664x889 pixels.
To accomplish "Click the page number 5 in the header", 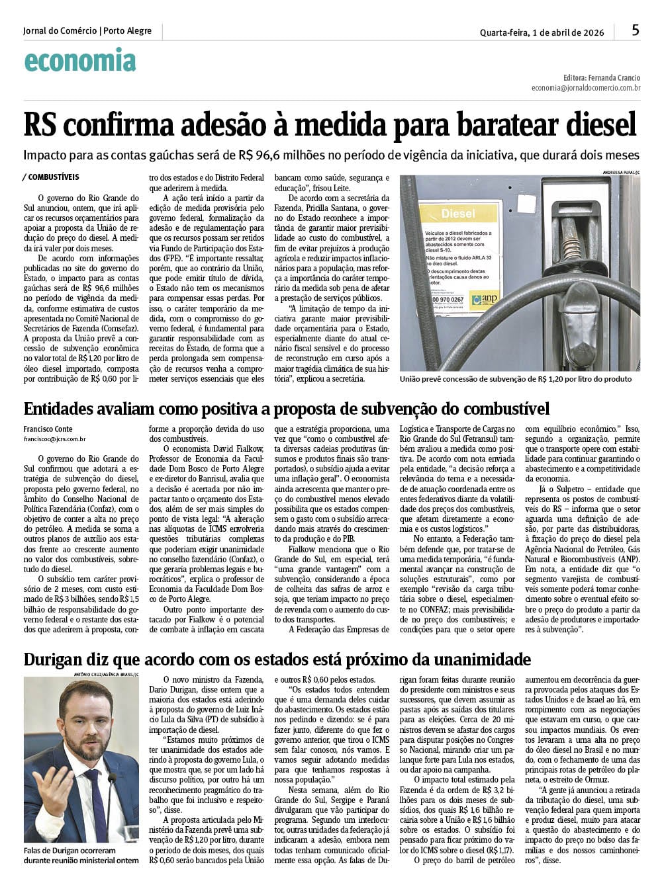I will (635, 30).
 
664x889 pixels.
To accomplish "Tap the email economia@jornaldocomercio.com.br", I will (585, 88).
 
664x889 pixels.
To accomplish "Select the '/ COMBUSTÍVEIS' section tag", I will (52, 177).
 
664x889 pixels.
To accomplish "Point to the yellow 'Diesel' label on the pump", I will (458, 214).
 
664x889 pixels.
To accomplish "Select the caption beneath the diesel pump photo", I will (515, 379).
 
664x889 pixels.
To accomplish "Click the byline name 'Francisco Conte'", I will (48, 429).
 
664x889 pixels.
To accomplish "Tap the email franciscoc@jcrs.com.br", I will (54, 439).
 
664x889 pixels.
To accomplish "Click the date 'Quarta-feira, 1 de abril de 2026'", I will (542, 32).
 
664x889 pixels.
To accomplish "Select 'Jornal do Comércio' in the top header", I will (60, 31).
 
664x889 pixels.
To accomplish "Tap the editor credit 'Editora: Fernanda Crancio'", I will (602, 77).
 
